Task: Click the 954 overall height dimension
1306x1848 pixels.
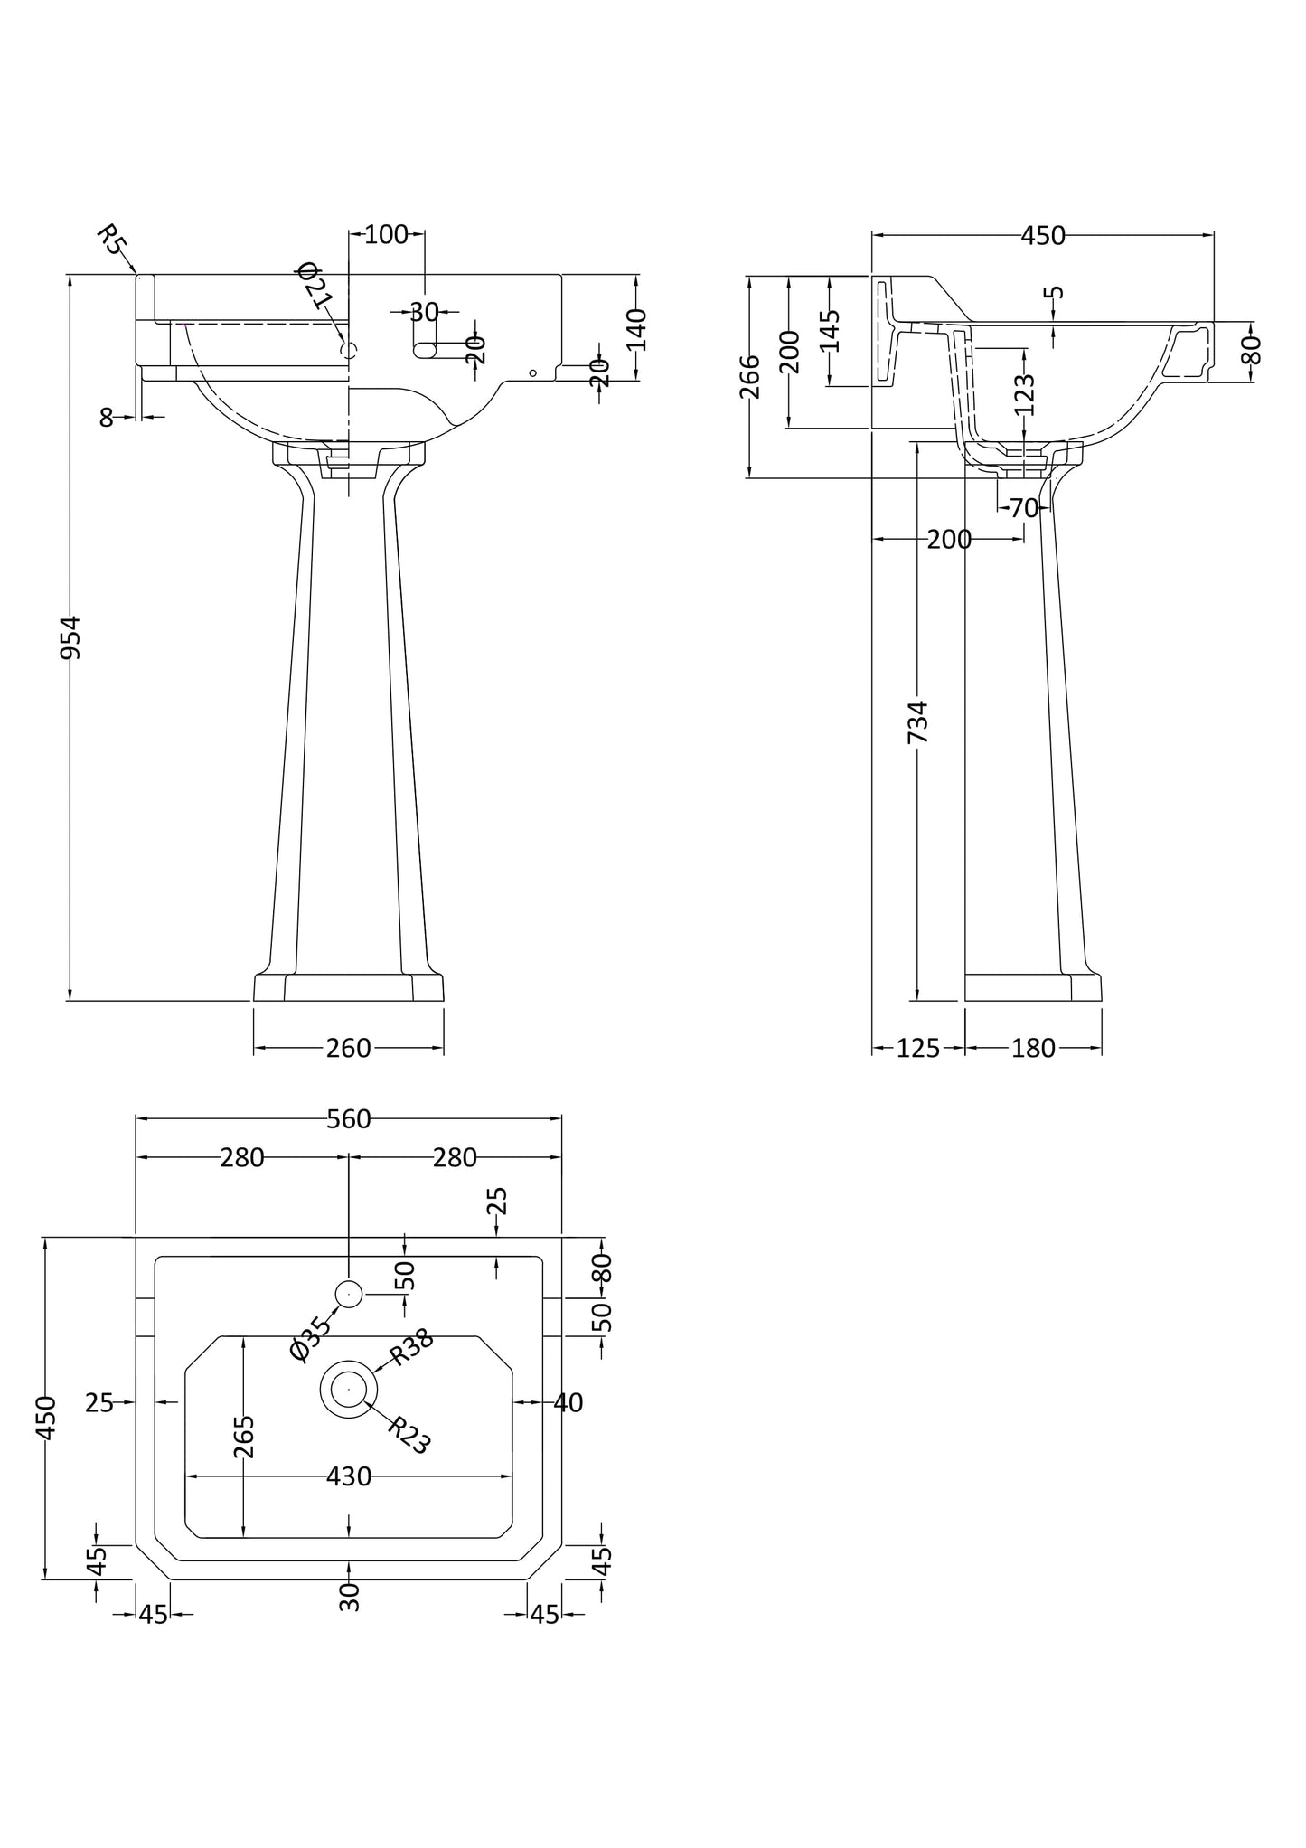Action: tap(70, 636)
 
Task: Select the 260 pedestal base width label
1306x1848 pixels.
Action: tap(349, 1048)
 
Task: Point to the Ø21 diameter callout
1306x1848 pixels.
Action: tap(315, 285)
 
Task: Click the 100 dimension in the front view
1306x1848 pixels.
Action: tap(386, 235)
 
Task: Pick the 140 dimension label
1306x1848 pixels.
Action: tap(636, 329)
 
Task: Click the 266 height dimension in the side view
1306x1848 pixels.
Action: tap(750, 376)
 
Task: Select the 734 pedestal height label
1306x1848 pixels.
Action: tap(917, 721)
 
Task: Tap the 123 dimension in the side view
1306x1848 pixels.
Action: tap(1024, 394)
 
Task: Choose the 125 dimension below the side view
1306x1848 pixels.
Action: tap(918, 1048)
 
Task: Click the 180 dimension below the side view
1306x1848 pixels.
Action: tap(1033, 1048)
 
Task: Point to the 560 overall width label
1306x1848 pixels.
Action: tap(349, 1119)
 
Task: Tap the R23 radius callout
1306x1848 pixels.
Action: tap(409, 1435)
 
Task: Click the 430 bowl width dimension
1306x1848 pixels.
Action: tap(349, 1476)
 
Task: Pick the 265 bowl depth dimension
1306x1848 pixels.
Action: tap(244, 1437)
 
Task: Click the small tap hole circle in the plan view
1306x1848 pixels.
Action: tap(349, 1295)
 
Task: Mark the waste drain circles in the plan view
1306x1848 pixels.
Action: tap(349, 1388)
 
